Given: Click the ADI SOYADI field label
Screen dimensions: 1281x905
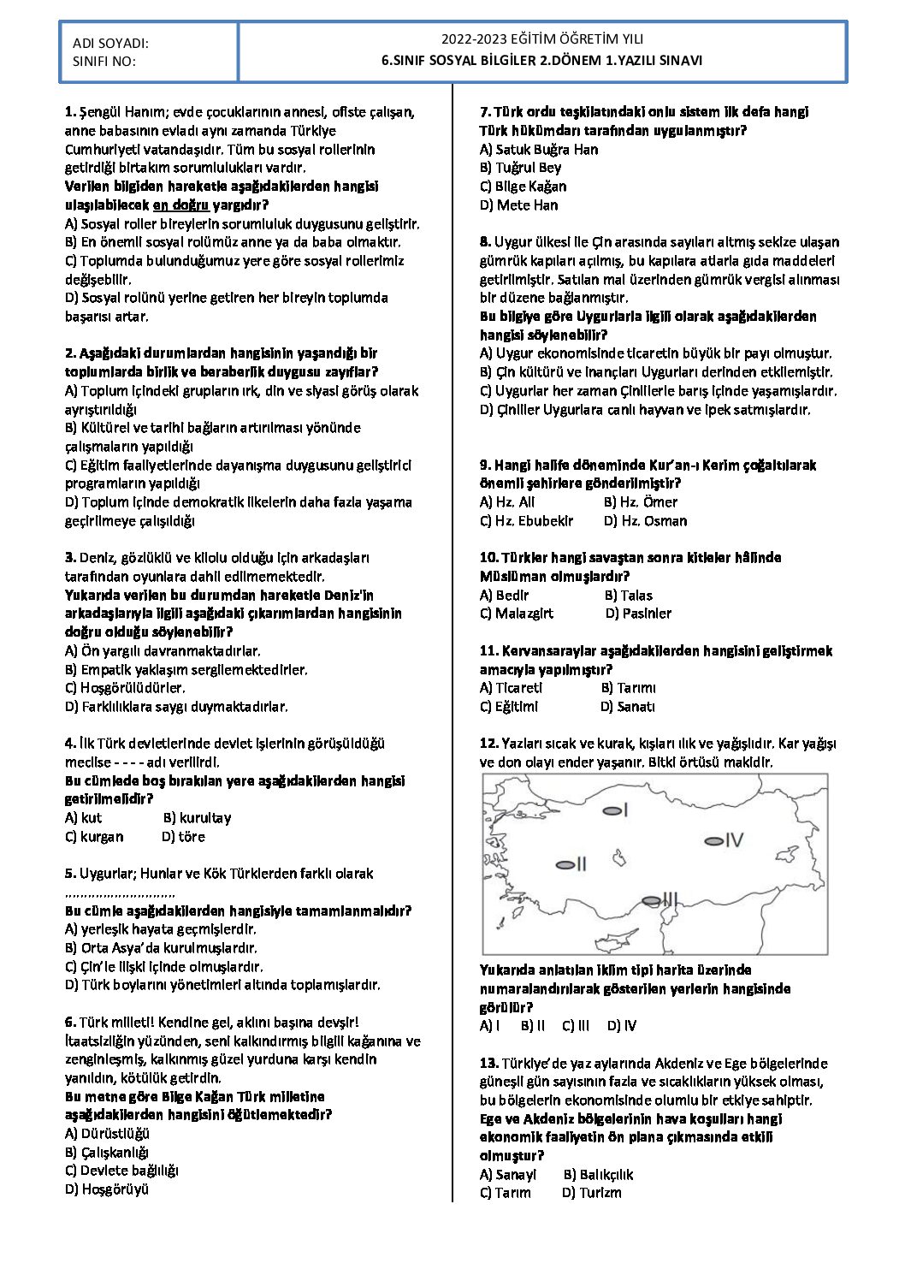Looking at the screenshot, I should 110,43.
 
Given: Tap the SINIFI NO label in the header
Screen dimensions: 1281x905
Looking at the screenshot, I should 104,61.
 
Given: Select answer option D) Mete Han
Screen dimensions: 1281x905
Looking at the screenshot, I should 518,205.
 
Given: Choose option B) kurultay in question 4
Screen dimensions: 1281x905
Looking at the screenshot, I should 197,818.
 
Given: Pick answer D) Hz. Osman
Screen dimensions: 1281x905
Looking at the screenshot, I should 645,521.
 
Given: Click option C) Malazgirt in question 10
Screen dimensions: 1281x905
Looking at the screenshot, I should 516,614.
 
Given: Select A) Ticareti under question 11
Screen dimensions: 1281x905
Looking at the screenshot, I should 511,688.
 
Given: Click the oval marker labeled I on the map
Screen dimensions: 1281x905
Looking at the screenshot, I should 612,810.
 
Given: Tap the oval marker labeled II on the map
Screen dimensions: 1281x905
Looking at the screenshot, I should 565,865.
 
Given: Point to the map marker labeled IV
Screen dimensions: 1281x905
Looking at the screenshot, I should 713,841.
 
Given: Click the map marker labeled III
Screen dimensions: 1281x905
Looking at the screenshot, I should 652,900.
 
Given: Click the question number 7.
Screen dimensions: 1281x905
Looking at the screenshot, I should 485,112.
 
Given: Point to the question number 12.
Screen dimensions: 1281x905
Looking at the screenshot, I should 488,744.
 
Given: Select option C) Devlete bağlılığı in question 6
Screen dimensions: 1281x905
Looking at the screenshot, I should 121,1171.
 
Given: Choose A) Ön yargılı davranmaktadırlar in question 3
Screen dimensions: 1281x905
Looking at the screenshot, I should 163,651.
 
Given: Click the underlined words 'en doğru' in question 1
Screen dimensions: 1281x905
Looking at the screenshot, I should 180,205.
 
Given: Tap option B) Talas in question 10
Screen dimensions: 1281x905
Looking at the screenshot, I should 628,596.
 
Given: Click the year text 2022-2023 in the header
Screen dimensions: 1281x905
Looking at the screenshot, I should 473,39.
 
